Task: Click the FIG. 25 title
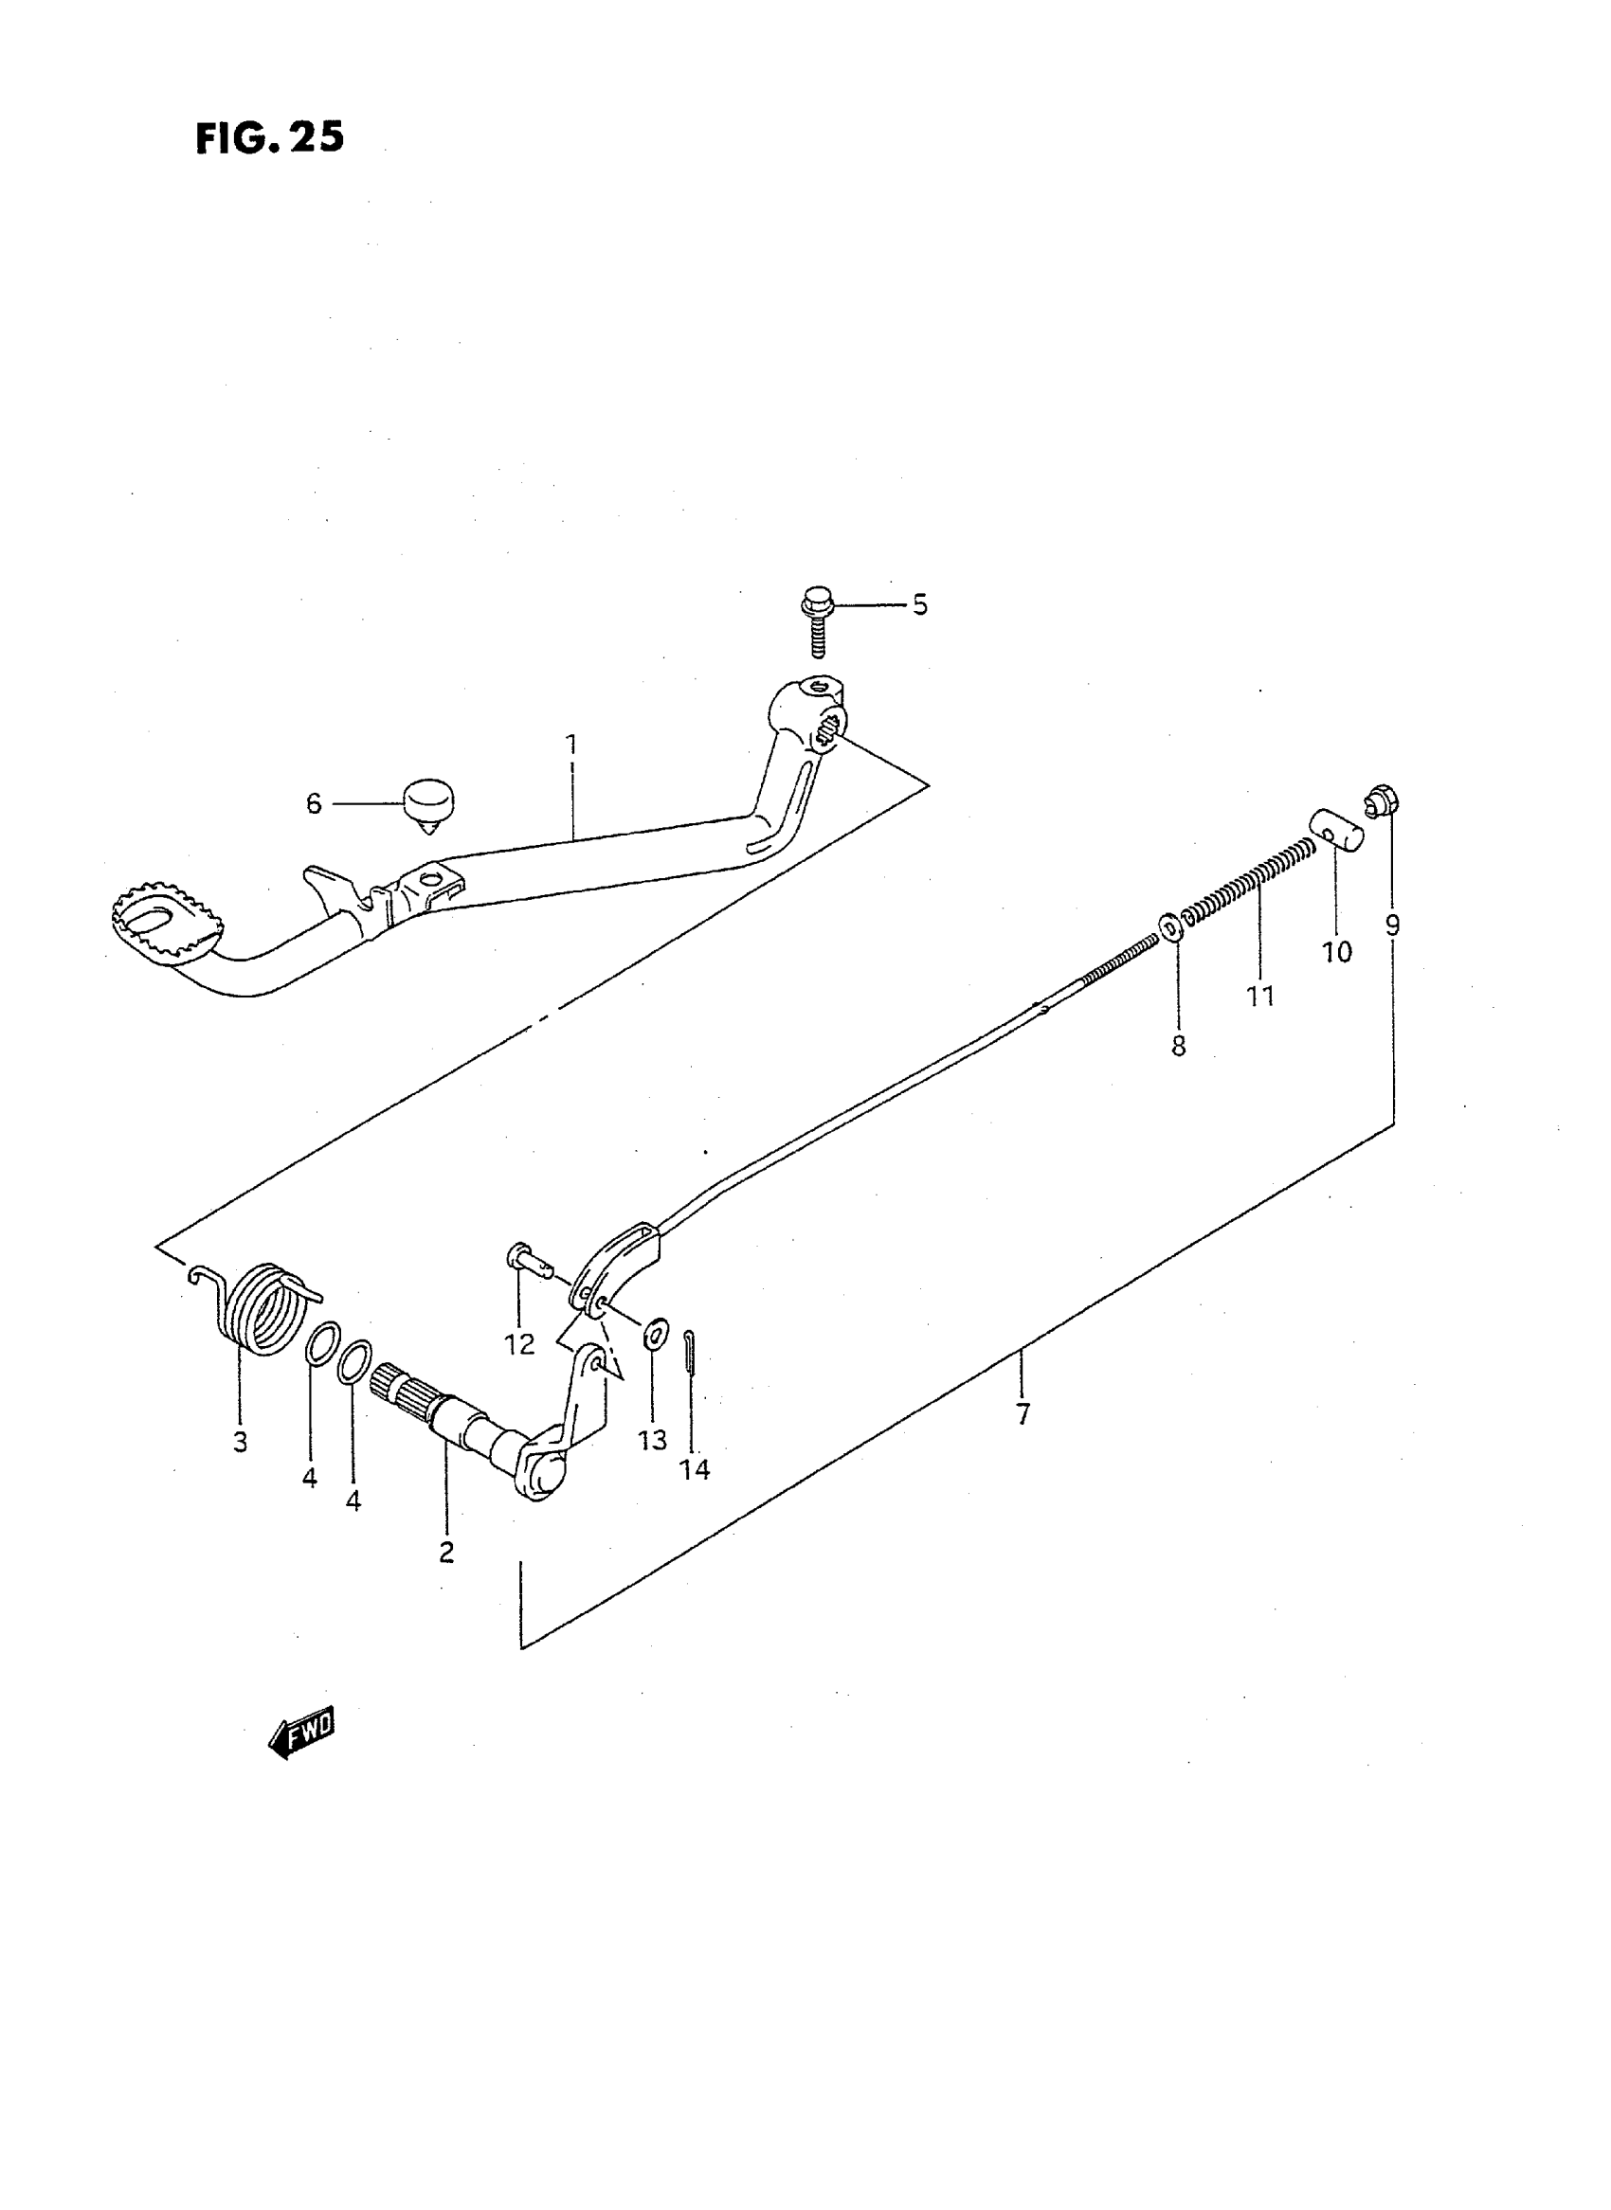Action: coord(269,137)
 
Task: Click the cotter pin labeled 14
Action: coord(691,1355)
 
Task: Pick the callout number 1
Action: coord(571,746)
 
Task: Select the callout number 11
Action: coord(1260,997)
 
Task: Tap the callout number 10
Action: coord(1336,952)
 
